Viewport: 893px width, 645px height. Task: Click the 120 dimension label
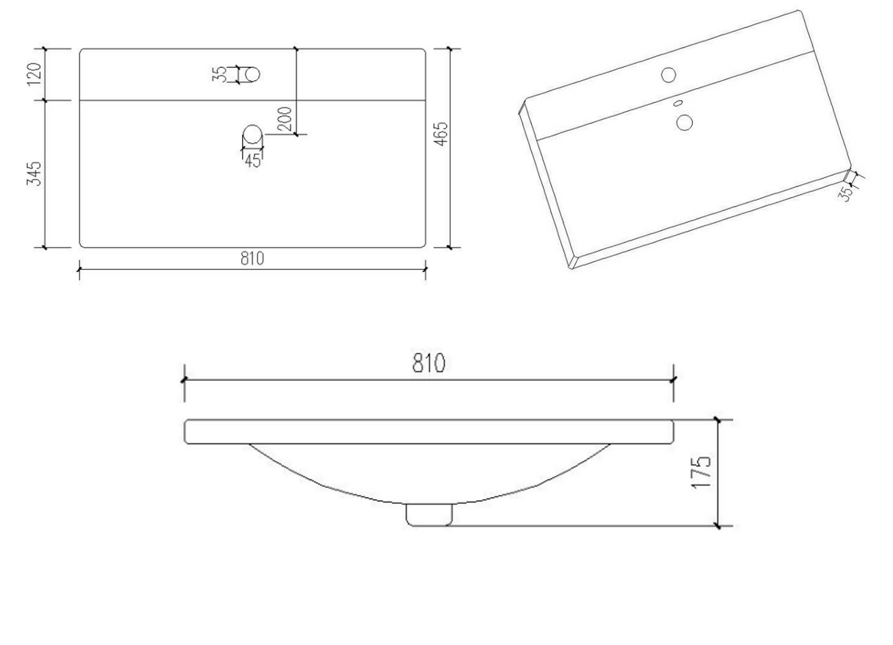(x=35, y=74)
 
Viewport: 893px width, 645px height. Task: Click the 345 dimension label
(x=35, y=174)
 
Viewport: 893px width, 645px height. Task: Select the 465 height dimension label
(x=441, y=134)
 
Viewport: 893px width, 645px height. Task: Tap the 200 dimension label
(x=285, y=118)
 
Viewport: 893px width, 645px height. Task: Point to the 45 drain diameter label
(x=253, y=160)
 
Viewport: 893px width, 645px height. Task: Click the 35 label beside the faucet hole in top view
(x=220, y=74)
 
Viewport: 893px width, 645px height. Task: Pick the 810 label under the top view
(x=252, y=258)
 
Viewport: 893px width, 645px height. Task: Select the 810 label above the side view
(x=429, y=363)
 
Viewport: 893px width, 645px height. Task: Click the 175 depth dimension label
(x=701, y=472)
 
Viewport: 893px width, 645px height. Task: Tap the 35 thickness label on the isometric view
(x=845, y=193)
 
